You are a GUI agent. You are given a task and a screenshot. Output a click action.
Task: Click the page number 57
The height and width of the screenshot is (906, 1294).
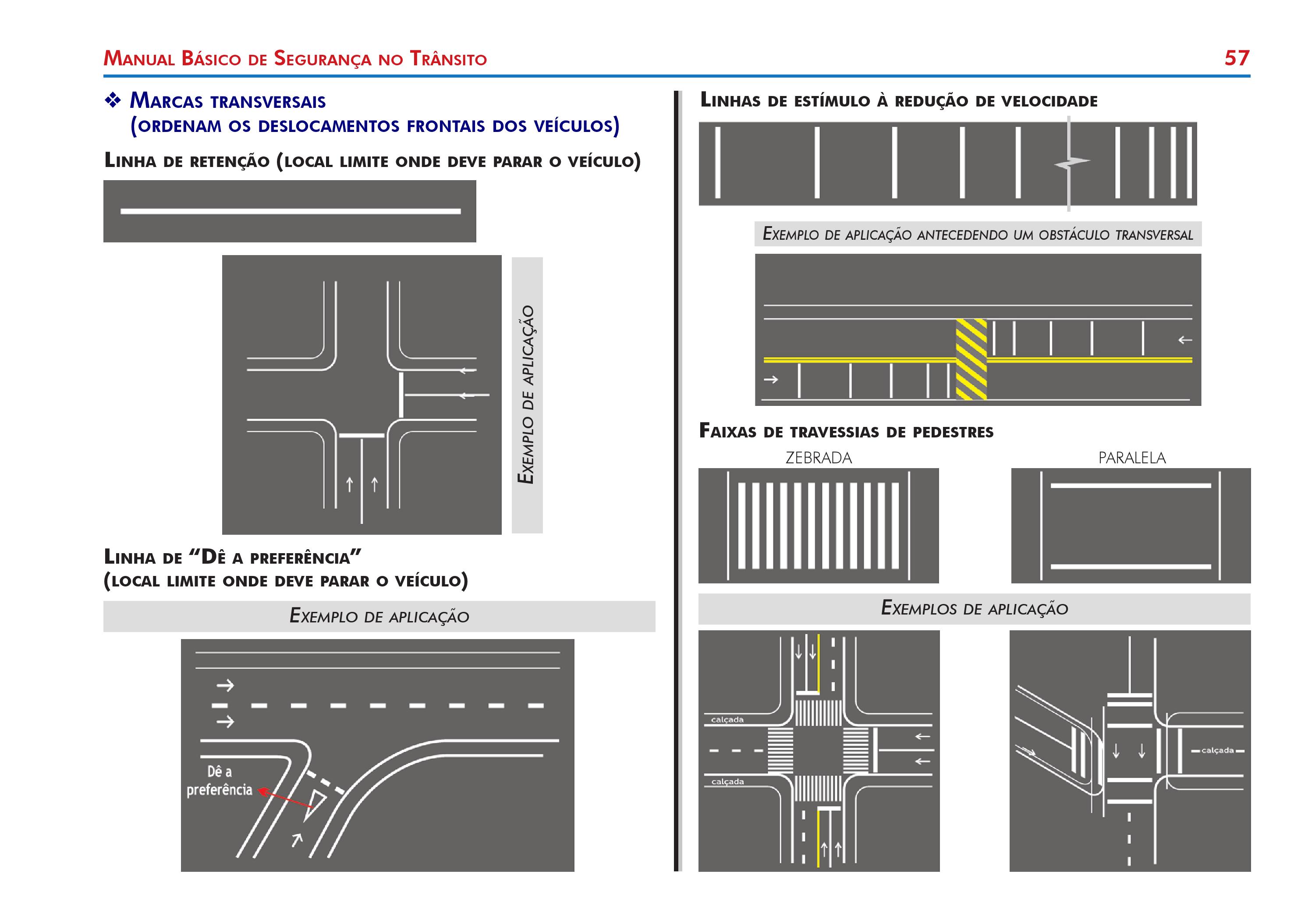pos(1237,58)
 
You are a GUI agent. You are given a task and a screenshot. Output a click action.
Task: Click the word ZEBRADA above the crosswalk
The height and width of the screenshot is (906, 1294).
pos(818,458)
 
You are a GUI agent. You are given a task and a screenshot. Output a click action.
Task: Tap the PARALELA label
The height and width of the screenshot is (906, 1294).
pos(1132,458)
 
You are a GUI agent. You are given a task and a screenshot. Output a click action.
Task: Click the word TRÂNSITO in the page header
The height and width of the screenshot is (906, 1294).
pos(448,59)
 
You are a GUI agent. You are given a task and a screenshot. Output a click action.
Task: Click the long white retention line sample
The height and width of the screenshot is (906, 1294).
pos(290,211)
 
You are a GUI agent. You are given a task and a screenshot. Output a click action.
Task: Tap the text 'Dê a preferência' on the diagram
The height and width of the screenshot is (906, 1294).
pos(219,781)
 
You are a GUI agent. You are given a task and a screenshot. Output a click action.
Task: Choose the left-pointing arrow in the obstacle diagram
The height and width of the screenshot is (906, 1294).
pos(1184,340)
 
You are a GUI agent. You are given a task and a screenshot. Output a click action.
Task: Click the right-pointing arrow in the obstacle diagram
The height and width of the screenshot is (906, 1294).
pos(770,380)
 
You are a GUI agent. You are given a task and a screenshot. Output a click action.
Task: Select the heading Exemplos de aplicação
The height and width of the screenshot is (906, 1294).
pos(974,609)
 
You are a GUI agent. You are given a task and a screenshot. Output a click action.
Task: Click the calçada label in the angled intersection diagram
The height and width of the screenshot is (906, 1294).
pos(1217,750)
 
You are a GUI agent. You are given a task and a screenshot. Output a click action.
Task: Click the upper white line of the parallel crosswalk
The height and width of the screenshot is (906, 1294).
pos(1131,485)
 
